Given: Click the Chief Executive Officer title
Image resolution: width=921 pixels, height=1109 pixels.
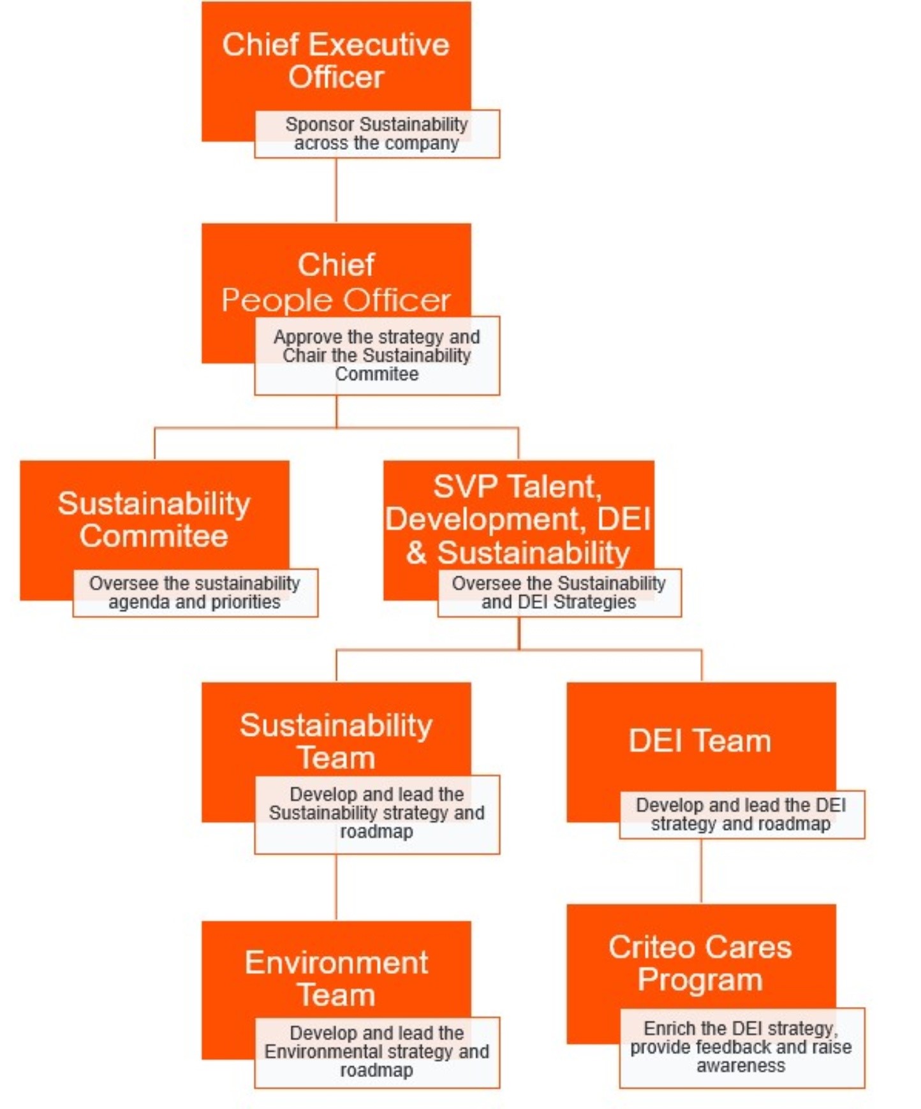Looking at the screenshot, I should (x=336, y=61).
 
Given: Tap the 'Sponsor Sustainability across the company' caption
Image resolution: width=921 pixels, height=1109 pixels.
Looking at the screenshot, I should (x=376, y=134).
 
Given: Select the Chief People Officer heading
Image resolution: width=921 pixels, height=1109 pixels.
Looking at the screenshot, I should (x=336, y=283).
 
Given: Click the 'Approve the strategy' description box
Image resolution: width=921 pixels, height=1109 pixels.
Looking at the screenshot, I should (x=376, y=355).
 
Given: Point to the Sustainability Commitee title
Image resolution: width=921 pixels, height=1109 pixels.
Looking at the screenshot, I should (x=154, y=519).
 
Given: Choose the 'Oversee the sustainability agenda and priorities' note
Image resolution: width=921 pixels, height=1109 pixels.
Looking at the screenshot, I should (x=195, y=592).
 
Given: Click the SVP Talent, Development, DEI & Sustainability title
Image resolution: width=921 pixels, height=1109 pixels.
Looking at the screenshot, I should (x=518, y=519).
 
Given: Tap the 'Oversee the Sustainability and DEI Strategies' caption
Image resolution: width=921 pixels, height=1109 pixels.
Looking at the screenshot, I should (x=559, y=592).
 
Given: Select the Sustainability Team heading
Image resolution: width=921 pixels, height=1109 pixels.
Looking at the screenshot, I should (x=336, y=741).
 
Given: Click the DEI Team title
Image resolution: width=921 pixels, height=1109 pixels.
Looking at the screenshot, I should (x=700, y=741).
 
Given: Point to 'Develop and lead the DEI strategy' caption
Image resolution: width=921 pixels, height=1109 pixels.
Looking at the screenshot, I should (x=741, y=814).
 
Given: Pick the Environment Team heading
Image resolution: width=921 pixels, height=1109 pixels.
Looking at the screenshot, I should (x=336, y=978).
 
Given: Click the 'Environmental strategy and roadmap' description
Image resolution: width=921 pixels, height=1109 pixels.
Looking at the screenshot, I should (x=376, y=1052).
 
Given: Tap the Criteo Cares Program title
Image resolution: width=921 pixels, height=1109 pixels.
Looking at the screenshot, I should (x=700, y=963).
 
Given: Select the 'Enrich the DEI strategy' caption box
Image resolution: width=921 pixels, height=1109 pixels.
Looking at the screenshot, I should (x=741, y=1047).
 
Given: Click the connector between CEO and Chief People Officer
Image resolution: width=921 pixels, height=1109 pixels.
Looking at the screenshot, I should (x=336, y=190).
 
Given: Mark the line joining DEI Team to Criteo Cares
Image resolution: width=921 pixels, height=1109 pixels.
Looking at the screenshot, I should (x=701, y=870).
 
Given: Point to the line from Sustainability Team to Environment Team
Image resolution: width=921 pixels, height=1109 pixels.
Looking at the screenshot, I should (x=336, y=886).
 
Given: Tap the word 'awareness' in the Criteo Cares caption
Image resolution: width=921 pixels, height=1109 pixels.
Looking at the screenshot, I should (x=741, y=1066).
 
